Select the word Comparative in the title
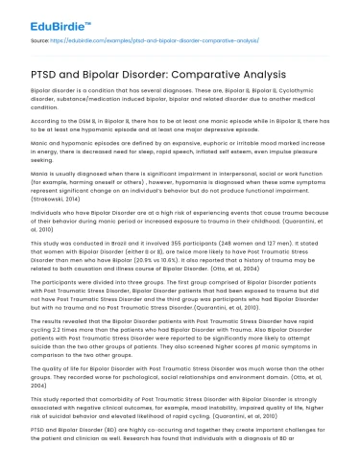[201, 74]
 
